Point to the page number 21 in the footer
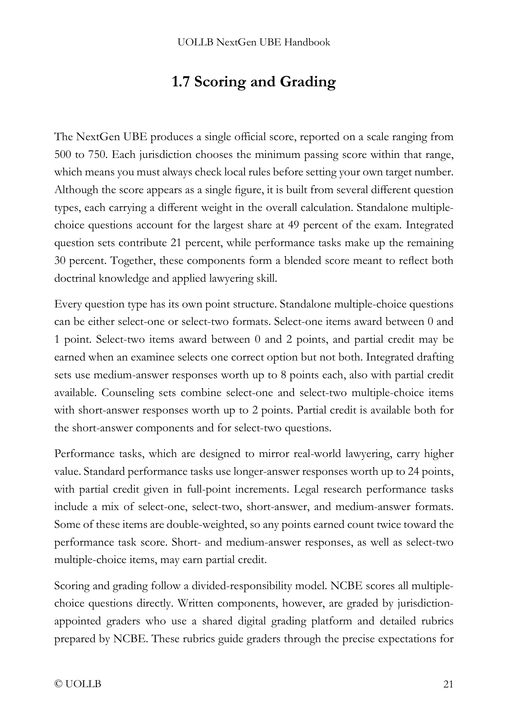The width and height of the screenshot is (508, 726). click(x=448, y=684)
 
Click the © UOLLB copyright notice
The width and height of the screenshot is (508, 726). click(x=78, y=684)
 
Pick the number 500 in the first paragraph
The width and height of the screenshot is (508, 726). click(x=62, y=155)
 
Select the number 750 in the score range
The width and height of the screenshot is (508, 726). click(x=97, y=155)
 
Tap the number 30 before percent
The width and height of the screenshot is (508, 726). click(x=60, y=261)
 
